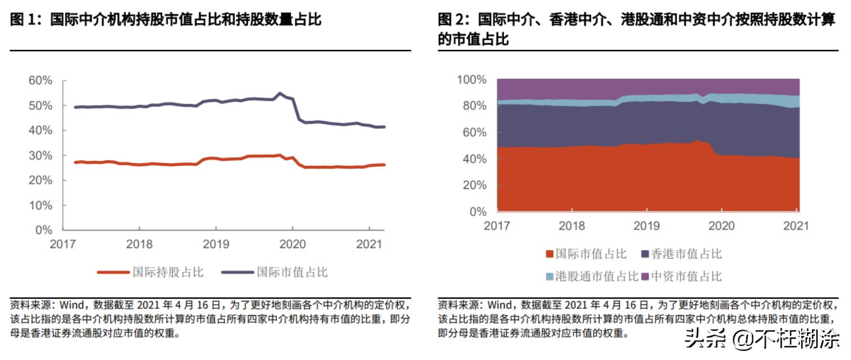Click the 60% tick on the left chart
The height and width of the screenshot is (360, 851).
pyautogui.click(x=40, y=81)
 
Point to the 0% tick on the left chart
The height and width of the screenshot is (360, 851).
pyautogui.click(x=43, y=230)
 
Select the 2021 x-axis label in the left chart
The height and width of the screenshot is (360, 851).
pyautogui.click(x=368, y=245)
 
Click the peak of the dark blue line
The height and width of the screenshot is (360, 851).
pyautogui.click(x=280, y=93)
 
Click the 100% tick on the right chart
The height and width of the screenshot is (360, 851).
pyautogui.click(x=471, y=80)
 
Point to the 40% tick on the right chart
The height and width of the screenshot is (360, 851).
pyautogui.click(x=474, y=159)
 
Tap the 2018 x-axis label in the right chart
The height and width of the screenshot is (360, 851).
pyautogui.click(x=571, y=226)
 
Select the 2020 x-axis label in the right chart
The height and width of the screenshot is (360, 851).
pyautogui.click(x=722, y=226)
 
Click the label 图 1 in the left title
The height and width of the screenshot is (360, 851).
pyautogui.click(x=23, y=20)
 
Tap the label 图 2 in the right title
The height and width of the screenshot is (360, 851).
pyautogui.click(x=452, y=20)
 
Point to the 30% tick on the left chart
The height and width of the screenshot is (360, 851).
pyautogui.click(x=40, y=155)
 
